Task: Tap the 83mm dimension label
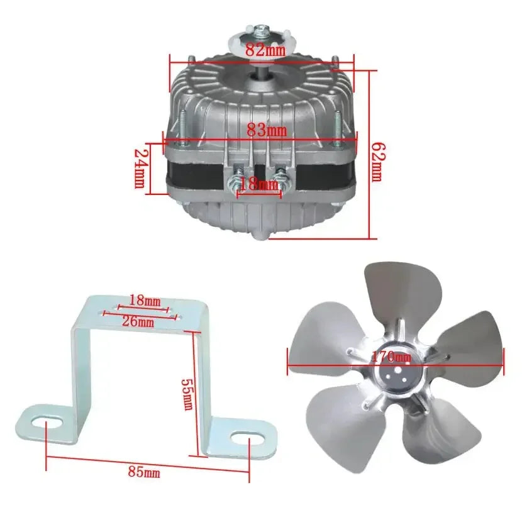click(266, 131)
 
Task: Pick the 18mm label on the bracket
click(145, 301)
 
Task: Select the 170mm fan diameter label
click(391, 357)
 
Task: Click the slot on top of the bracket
click(145, 311)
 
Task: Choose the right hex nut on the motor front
click(282, 185)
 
